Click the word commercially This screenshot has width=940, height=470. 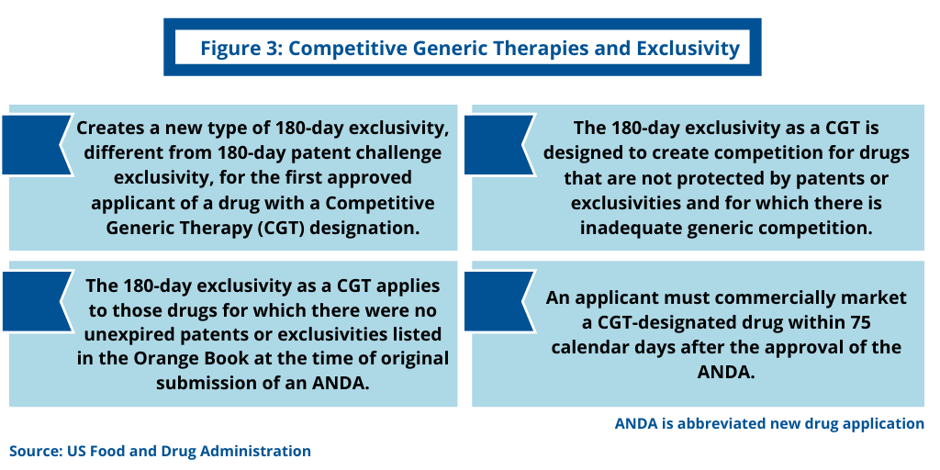(x=785, y=298)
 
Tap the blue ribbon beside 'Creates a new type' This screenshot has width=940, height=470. (x=37, y=145)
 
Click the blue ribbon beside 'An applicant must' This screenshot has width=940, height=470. (x=499, y=301)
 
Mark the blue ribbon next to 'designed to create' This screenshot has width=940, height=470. (x=499, y=145)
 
